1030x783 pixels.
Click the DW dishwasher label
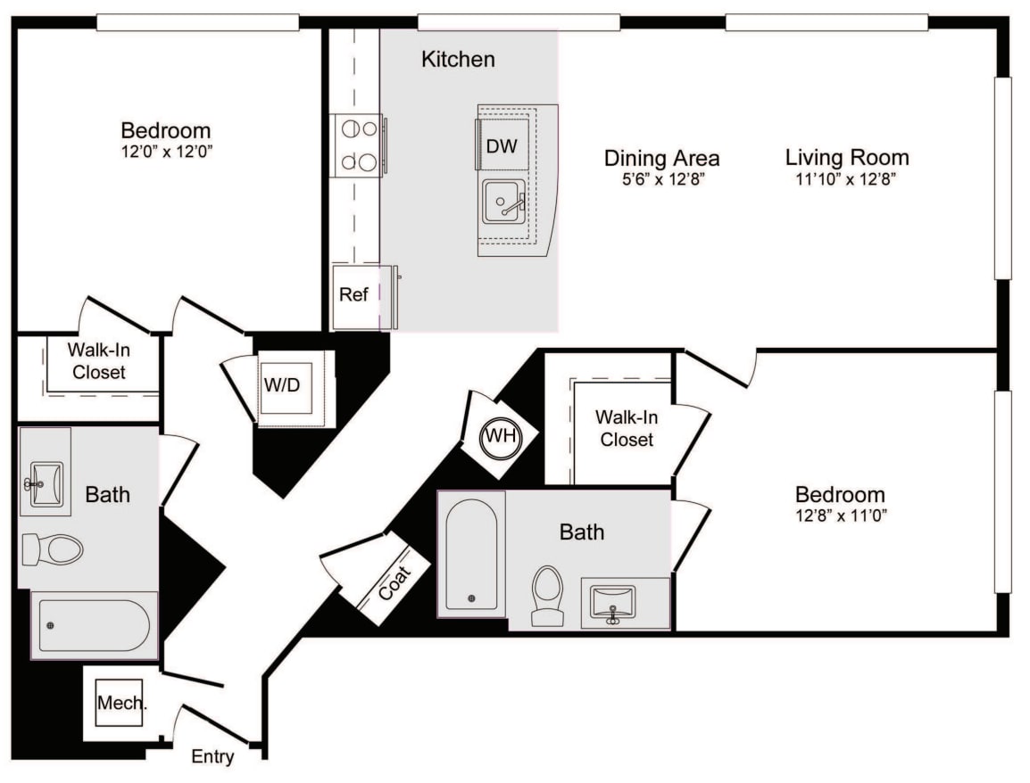click(502, 146)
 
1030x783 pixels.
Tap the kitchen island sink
click(504, 202)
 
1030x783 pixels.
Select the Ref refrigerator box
click(354, 295)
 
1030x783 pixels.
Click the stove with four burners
click(358, 145)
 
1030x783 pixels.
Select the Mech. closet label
click(120, 704)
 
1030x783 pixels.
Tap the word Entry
click(213, 758)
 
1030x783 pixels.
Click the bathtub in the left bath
click(95, 625)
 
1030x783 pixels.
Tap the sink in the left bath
click(46, 484)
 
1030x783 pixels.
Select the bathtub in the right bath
click(470, 553)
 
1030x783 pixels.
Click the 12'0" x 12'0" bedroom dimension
click(166, 152)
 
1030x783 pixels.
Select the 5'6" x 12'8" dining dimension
click(661, 179)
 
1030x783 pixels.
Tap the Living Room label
click(847, 158)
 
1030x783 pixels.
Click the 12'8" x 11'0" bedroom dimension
click(840, 515)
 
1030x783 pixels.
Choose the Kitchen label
click(458, 60)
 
